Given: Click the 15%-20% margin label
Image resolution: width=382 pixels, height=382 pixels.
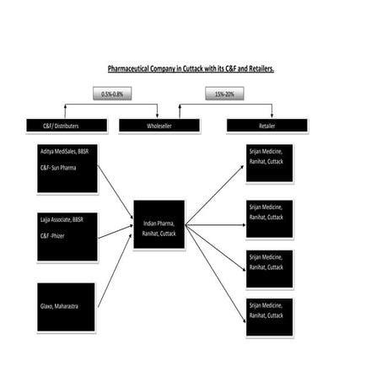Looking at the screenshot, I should pyautogui.click(x=224, y=94).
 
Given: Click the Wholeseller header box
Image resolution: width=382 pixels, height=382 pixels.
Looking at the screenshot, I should pyautogui.click(x=159, y=126).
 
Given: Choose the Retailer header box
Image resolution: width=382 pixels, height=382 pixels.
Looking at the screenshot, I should pyautogui.click(x=266, y=126).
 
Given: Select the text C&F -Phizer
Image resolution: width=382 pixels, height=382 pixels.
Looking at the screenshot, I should pyautogui.click(x=57, y=234).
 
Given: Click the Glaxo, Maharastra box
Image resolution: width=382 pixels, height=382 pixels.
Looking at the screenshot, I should pyautogui.click(x=67, y=306).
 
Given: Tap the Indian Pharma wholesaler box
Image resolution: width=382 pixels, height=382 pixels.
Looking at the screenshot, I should pyautogui.click(x=159, y=225).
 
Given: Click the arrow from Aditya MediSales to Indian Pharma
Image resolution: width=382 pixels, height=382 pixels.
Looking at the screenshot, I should pyautogui.click(x=115, y=192).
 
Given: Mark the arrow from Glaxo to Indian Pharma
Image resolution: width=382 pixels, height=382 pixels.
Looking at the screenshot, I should pyautogui.click(x=115, y=270).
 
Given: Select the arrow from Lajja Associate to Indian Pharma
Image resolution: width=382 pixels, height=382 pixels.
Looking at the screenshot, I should pyautogui.click(x=115, y=232).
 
